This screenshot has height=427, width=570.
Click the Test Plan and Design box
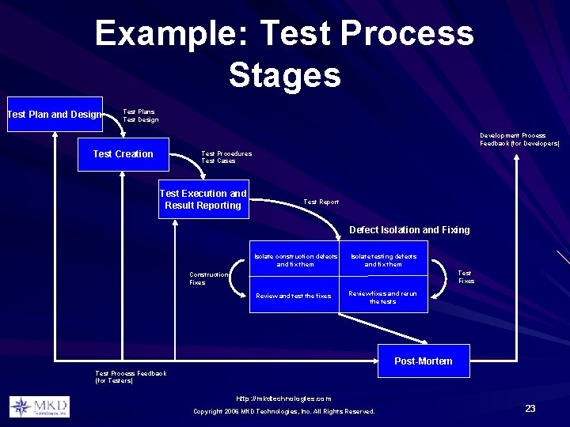pos(54,115)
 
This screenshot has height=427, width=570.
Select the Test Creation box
pos(123,154)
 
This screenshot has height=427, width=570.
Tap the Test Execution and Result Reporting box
pos(203,199)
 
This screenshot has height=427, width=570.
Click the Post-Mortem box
pos(424,361)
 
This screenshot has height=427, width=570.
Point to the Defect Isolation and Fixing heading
pos(409,230)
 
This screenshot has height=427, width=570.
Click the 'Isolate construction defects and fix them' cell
pos(295,260)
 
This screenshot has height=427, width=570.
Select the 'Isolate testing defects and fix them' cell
pos(384,260)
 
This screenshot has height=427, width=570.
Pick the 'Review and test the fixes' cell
pos(294,297)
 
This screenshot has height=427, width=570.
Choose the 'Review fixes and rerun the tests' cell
pos(384,297)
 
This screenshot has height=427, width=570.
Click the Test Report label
pos(321,202)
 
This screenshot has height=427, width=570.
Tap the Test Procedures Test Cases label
pos(226,157)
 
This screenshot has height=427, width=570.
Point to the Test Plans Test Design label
pos(141,115)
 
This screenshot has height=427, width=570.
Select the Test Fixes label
pos(466,277)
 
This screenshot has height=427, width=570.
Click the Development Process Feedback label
pos(519,140)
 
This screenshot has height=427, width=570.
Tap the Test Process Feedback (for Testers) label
pos(131,376)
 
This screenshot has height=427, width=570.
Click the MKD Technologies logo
pos(39,407)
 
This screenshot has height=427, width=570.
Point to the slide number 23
pos(530,409)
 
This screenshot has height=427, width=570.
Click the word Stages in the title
pos(284,75)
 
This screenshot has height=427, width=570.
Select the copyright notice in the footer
pos(284,411)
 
